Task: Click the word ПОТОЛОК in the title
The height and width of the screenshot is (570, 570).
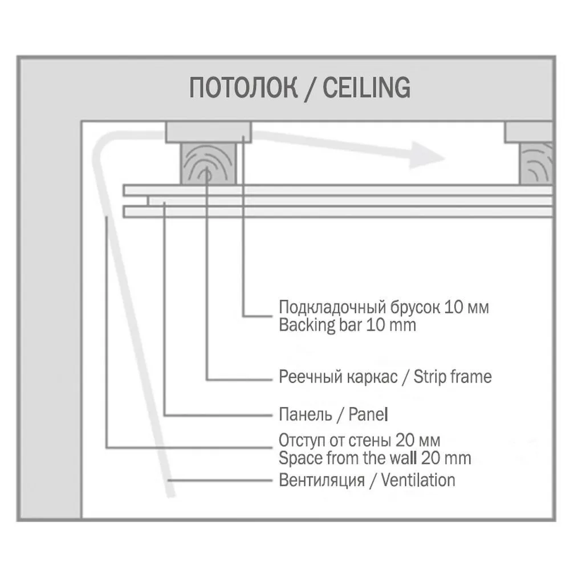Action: click(243, 88)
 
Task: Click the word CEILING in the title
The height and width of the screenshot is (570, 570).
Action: click(367, 88)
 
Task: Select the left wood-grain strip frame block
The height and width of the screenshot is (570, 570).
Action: click(208, 163)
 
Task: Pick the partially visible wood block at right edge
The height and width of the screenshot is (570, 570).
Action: click(536, 163)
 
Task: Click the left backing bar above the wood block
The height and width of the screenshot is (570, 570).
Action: click(209, 132)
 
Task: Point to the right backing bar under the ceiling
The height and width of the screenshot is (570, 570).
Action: click(529, 132)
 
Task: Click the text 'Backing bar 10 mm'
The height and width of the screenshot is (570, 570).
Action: click(347, 325)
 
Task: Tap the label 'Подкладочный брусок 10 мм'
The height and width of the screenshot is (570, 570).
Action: click(384, 308)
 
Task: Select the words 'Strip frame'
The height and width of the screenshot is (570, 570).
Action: click(453, 377)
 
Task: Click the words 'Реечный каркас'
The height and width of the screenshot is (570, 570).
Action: click(338, 377)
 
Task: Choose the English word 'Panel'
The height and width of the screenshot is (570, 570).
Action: click(368, 414)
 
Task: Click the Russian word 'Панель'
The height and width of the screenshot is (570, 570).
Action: click(306, 414)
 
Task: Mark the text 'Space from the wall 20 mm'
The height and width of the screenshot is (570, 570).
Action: click(375, 458)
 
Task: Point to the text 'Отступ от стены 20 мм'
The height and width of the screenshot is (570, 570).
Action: click(360, 441)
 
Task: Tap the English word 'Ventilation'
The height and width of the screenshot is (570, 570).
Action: click(418, 480)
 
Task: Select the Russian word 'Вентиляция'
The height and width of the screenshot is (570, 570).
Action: click(321, 480)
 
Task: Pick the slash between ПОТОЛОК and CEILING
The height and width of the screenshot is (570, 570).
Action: click(310, 88)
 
